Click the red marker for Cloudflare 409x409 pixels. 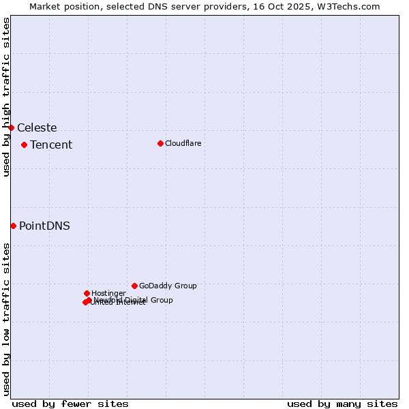(160, 143)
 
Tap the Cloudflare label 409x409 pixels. (183, 143)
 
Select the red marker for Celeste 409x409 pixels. (11, 127)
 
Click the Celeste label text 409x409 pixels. (37, 128)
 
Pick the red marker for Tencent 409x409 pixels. (24, 145)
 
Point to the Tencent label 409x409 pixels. (51, 145)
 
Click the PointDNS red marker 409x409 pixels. (13, 226)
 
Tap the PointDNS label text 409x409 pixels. (44, 226)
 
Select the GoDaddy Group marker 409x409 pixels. (134, 286)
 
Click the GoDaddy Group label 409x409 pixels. (168, 286)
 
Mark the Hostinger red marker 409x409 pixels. (87, 293)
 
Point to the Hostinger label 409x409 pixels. (108, 294)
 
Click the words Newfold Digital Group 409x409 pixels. (134, 300)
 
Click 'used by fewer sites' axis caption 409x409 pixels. (70, 404)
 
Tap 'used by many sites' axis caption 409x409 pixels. (342, 404)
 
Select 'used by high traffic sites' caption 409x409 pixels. (6, 97)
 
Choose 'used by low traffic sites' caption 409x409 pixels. (6, 319)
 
